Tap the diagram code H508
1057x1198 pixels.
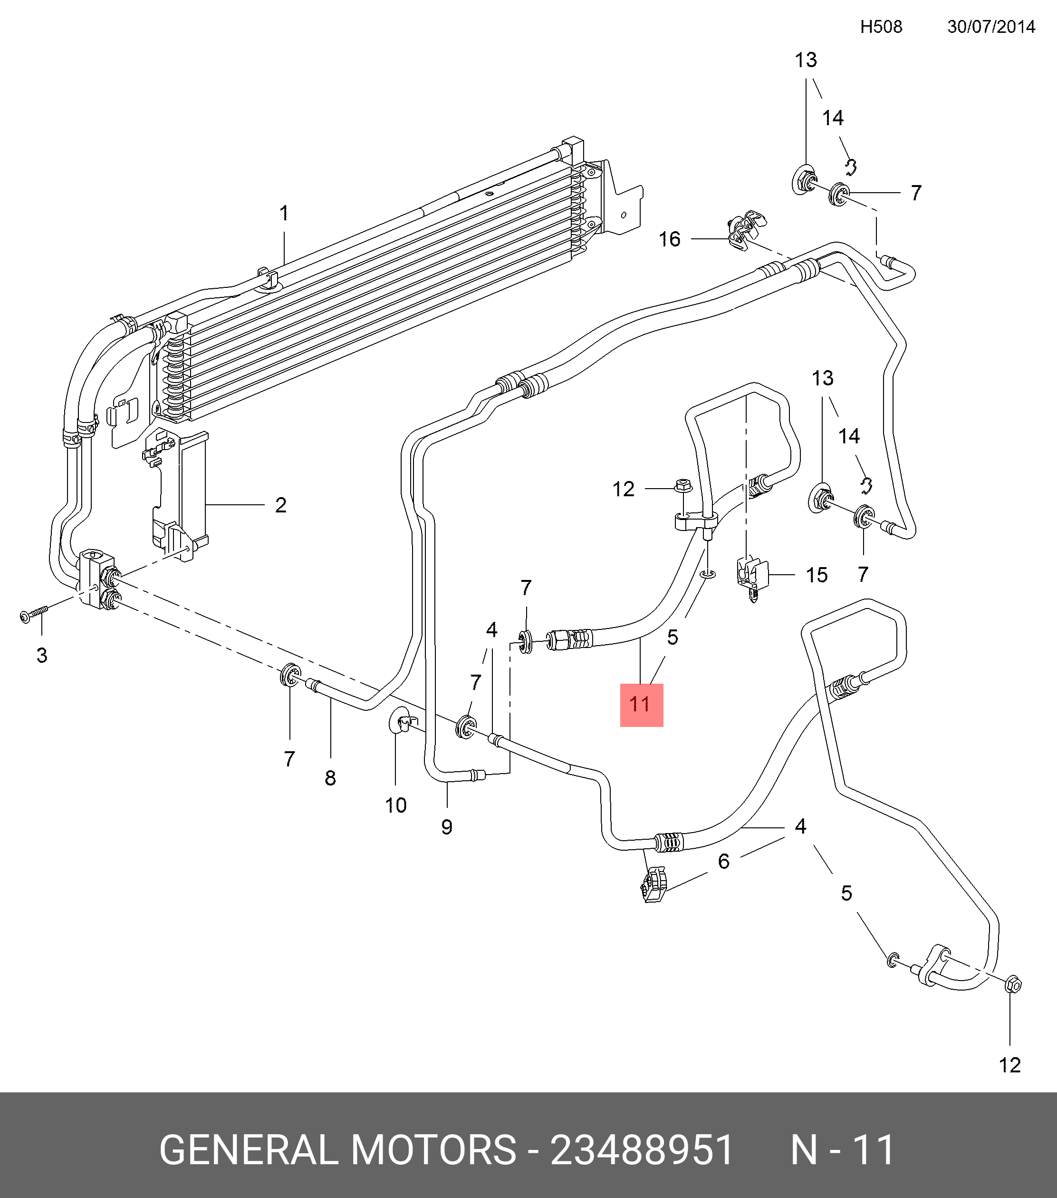(881, 27)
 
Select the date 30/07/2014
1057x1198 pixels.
(991, 27)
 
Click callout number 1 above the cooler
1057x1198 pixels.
(284, 213)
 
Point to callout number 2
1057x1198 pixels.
(280, 505)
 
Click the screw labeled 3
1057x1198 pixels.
(32, 614)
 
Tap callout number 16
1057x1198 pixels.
(669, 239)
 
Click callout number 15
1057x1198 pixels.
(817, 575)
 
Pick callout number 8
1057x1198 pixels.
(330, 778)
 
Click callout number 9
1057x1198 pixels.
(447, 827)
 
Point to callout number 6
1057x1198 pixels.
(724, 861)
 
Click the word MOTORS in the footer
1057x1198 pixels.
(433, 1150)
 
